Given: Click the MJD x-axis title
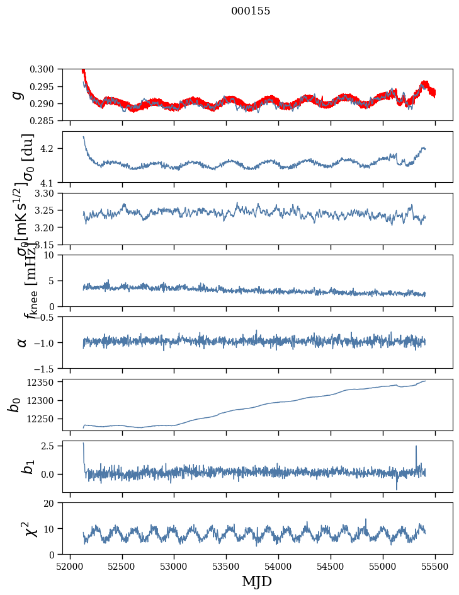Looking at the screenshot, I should pos(257,581).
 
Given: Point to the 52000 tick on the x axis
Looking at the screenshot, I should pos(70,567).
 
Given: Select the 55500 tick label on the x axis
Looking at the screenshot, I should pos(434,567).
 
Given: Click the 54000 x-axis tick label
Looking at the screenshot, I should pos(278,567).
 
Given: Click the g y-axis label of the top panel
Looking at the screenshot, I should pos(19,95).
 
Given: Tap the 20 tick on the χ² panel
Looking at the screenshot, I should pos(53,503).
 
